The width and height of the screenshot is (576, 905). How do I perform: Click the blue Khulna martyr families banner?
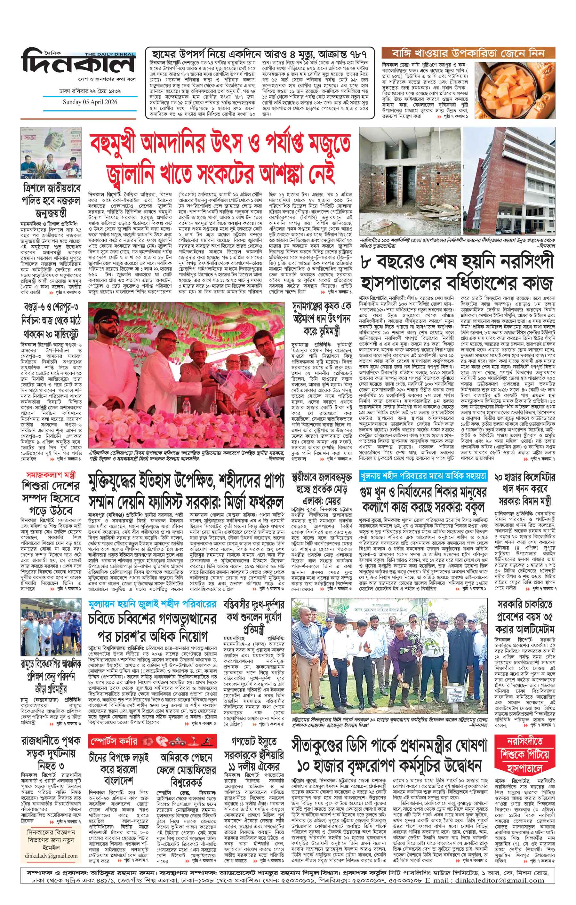tap(423, 476)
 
